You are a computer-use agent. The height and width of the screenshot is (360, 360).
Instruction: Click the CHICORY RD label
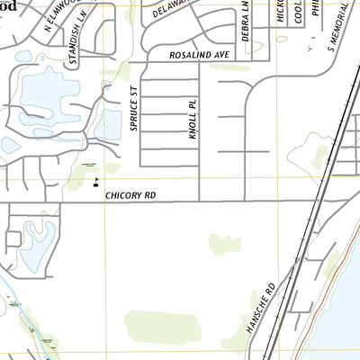tap(131, 194)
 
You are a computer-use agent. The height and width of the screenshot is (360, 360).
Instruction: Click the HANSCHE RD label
tap(262, 308)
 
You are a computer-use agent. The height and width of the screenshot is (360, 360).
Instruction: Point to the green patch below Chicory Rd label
tap(225, 244)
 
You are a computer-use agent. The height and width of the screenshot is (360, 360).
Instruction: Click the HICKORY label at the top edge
tap(280, 11)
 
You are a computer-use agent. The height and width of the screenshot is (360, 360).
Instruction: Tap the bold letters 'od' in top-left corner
tap(13, 4)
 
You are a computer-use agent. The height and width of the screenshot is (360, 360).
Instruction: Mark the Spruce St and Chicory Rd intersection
tap(141, 201)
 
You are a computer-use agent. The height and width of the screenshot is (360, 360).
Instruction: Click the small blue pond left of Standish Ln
tap(23, 56)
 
